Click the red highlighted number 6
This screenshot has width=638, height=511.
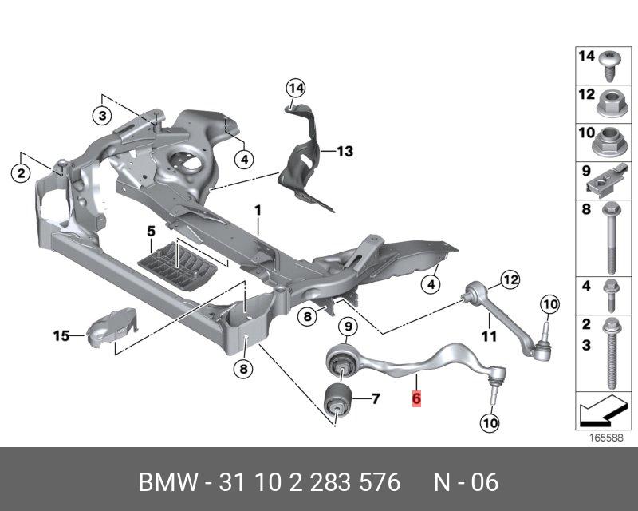[x=415, y=398]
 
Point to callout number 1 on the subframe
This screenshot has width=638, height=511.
[x=258, y=210]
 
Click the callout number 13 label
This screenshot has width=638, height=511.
[x=344, y=151]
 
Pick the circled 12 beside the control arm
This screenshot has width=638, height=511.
[x=509, y=279]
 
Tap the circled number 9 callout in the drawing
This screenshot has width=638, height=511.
[x=347, y=326]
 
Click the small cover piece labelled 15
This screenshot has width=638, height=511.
[x=110, y=327]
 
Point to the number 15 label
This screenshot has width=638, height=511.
[x=61, y=336]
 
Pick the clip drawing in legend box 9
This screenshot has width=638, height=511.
[x=608, y=181]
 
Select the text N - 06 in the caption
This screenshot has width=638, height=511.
[x=466, y=482]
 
